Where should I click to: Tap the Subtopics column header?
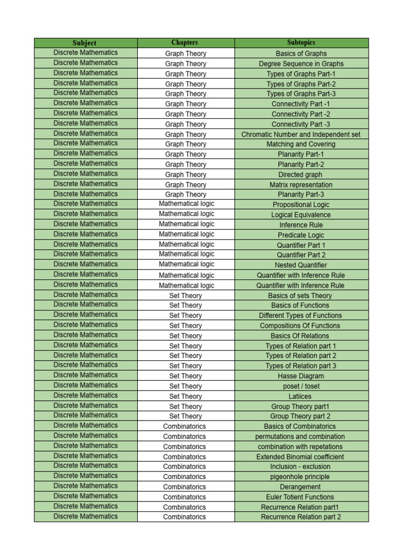point(301,43)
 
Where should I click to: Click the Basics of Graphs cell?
point(301,54)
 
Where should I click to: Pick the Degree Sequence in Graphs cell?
point(301,64)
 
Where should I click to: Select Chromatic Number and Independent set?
point(301,135)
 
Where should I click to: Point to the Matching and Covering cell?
point(301,144)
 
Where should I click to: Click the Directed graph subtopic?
point(301,175)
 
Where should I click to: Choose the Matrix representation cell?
point(301,185)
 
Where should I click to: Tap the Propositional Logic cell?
point(301,205)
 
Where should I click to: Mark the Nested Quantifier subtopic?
point(301,265)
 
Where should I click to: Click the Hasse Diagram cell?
point(301,376)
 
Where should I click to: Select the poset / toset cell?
point(301,386)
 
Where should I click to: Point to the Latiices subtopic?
point(301,396)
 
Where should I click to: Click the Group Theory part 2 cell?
point(301,416)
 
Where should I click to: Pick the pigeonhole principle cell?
point(301,477)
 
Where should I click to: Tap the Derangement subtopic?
point(301,487)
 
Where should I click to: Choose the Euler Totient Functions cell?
point(301,497)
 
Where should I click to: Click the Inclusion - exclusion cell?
point(301,466)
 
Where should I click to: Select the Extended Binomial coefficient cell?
point(301,457)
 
